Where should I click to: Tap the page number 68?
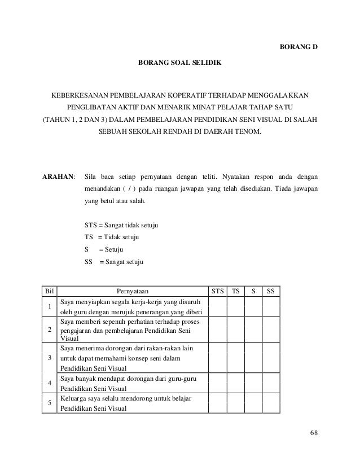[x=314, y=433]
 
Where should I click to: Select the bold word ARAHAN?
[x=59, y=176]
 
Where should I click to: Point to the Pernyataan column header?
[x=133, y=292]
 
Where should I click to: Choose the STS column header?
[x=217, y=292]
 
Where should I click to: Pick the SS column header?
[x=271, y=292]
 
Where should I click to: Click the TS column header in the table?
[x=235, y=292]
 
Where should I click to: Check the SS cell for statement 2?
[x=271, y=329]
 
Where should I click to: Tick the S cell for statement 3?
[x=254, y=357]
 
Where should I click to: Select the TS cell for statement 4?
[x=235, y=383]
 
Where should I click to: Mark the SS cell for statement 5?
[x=271, y=404]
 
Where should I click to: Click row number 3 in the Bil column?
[x=50, y=358]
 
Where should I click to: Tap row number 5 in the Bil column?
[x=50, y=404]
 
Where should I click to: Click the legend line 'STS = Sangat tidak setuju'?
[x=121, y=225]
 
